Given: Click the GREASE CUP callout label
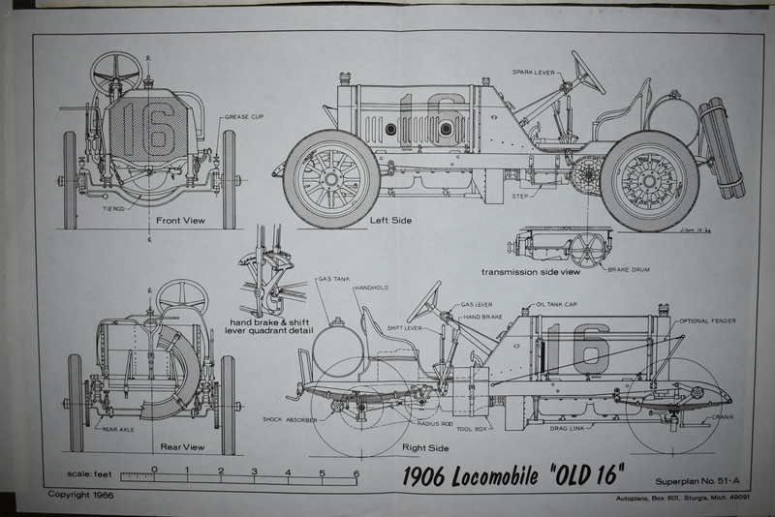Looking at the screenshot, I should (x=246, y=117).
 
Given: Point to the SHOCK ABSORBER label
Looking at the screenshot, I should (x=293, y=419).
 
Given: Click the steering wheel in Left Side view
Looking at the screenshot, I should (x=584, y=73).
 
